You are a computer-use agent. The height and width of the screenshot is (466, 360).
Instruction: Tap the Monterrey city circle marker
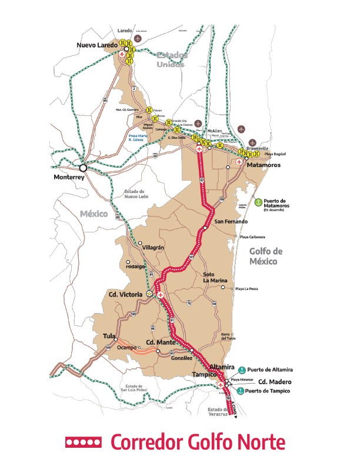(84, 168)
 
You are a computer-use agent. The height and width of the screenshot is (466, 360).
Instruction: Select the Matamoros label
(264, 165)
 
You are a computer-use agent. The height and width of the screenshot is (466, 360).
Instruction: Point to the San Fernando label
(231, 222)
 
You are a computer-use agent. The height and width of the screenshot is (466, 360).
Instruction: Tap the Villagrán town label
(154, 248)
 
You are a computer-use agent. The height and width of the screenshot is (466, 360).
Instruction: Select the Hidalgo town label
(135, 267)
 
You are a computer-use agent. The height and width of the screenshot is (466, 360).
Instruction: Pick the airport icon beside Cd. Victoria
(161, 294)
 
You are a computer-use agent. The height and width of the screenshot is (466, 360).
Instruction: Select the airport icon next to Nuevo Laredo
(122, 55)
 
